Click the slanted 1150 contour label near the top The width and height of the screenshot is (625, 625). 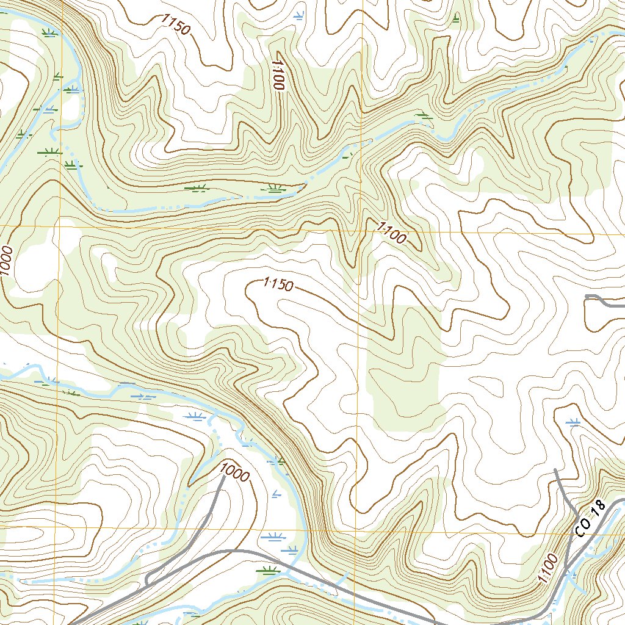(176, 24)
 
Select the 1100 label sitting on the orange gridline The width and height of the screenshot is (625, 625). (391, 233)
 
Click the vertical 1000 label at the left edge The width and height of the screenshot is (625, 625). (6, 261)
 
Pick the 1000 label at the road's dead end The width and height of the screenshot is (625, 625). (233, 472)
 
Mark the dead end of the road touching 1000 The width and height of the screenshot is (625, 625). (223, 476)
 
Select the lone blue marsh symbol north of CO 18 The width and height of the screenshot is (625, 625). (573, 421)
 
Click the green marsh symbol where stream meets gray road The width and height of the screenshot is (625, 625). (268, 571)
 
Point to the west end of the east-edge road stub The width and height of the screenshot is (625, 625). (587, 296)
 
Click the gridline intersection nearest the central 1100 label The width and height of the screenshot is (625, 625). (359, 232)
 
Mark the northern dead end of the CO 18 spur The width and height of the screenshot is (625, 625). (555, 469)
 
